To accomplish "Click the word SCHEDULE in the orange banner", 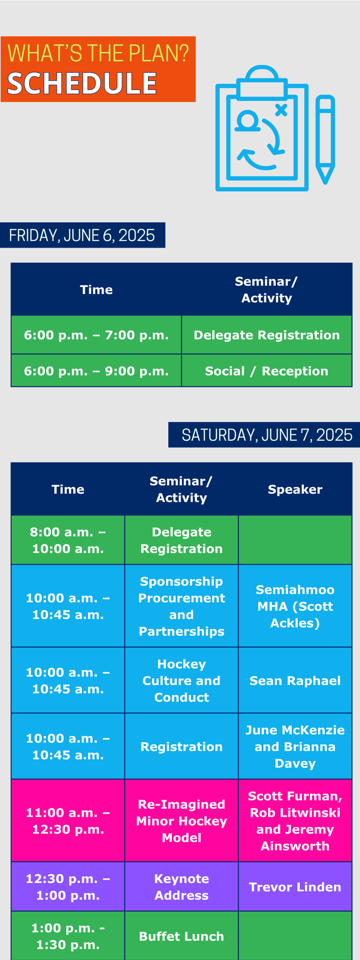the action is (82, 83).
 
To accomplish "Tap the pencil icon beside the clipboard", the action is (325, 140).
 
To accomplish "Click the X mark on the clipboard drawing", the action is (281, 110).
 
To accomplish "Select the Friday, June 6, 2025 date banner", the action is (82, 235).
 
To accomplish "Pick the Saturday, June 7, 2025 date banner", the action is (264, 435).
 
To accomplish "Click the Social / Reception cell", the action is (267, 371).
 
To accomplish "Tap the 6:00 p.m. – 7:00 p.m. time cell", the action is (96, 335).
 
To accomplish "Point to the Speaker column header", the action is (295, 489).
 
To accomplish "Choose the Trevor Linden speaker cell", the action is (295, 887).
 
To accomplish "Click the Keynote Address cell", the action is (181, 887).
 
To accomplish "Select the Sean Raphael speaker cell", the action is (295, 681).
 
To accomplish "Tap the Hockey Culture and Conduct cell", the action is (181, 681).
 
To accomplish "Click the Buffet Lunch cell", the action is (181, 936).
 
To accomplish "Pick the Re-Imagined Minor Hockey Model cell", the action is (181, 821).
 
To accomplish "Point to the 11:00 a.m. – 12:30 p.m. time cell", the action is (68, 821).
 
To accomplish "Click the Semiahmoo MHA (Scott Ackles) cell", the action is (295, 606).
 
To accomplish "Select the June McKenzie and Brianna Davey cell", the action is (295, 747).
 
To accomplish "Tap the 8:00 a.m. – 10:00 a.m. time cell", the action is (68, 540).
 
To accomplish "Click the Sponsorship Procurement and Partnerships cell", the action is (181, 606).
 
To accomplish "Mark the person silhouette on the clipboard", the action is (248, 122).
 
